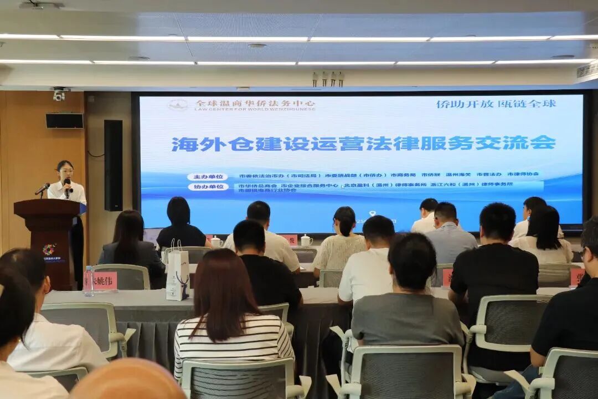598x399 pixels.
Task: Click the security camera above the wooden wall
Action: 59,94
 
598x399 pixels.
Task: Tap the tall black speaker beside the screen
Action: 113,165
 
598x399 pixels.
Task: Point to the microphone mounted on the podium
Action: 42,190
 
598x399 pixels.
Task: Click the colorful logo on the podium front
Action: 49,249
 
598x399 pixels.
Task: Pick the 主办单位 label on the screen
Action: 207,177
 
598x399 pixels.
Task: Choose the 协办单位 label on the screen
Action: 207,187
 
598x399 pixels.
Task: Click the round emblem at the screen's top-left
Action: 177,105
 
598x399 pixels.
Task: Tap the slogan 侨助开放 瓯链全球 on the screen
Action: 496,104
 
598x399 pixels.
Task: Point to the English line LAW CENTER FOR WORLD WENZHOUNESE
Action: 255,109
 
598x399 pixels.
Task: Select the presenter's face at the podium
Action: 65,170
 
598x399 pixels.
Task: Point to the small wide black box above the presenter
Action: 64,121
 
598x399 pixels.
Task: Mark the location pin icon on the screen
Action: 372,213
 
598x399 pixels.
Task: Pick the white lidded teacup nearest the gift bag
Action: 216,242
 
